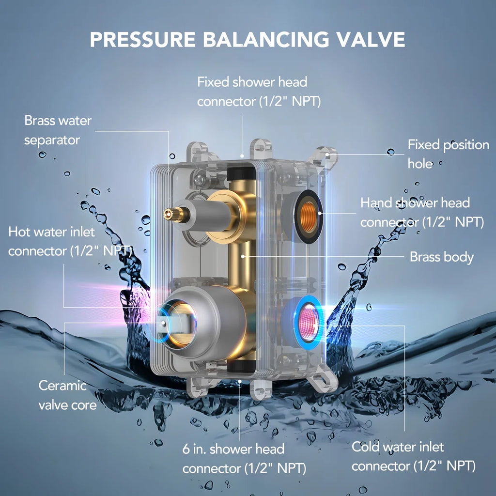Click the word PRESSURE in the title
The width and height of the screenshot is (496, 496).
[143, 39]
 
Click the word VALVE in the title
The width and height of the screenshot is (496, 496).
[370, 39]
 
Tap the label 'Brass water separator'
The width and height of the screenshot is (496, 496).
[58, 130]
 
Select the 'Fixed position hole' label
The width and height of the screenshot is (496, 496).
[448, 154]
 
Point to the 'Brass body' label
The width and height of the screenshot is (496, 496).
[442, 257]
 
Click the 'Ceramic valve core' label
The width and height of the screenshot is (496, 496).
[67, 395]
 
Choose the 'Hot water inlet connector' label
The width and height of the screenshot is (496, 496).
[70, 241]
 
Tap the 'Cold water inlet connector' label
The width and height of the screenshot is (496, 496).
[414, 456]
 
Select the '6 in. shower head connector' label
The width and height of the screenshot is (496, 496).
[244, 459]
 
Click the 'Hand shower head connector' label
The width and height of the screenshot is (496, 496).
[422, 212]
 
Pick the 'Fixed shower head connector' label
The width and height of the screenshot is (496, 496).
[259, 92]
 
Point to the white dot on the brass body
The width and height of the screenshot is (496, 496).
[243, 257]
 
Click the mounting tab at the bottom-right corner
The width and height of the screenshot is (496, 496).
[323, 378]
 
